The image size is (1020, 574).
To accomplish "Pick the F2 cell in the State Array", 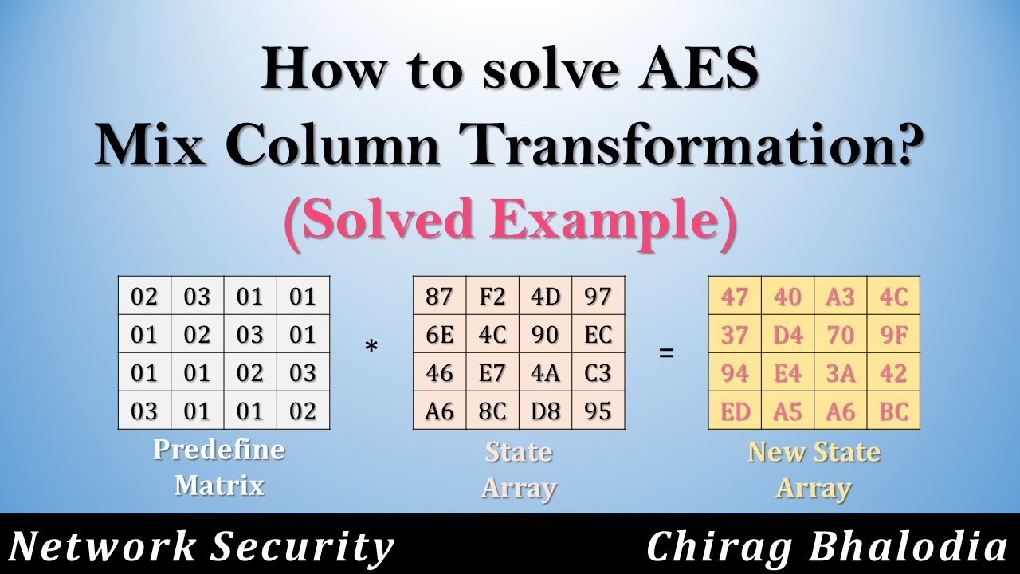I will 492,297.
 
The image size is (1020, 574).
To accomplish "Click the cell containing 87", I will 439,297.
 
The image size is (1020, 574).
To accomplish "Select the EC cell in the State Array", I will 598,335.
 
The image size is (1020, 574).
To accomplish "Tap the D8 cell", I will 545,411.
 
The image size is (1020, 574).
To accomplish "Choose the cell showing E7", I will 492,373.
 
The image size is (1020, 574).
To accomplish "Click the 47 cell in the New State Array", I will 735,297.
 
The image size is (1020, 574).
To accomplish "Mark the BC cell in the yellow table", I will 894,411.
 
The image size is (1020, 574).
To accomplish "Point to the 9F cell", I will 894,335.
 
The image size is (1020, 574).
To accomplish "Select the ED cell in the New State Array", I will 735,411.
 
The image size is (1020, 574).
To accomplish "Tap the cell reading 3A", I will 841,373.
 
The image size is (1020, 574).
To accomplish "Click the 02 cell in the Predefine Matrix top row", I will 144,297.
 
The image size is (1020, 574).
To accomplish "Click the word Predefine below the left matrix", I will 218,450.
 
